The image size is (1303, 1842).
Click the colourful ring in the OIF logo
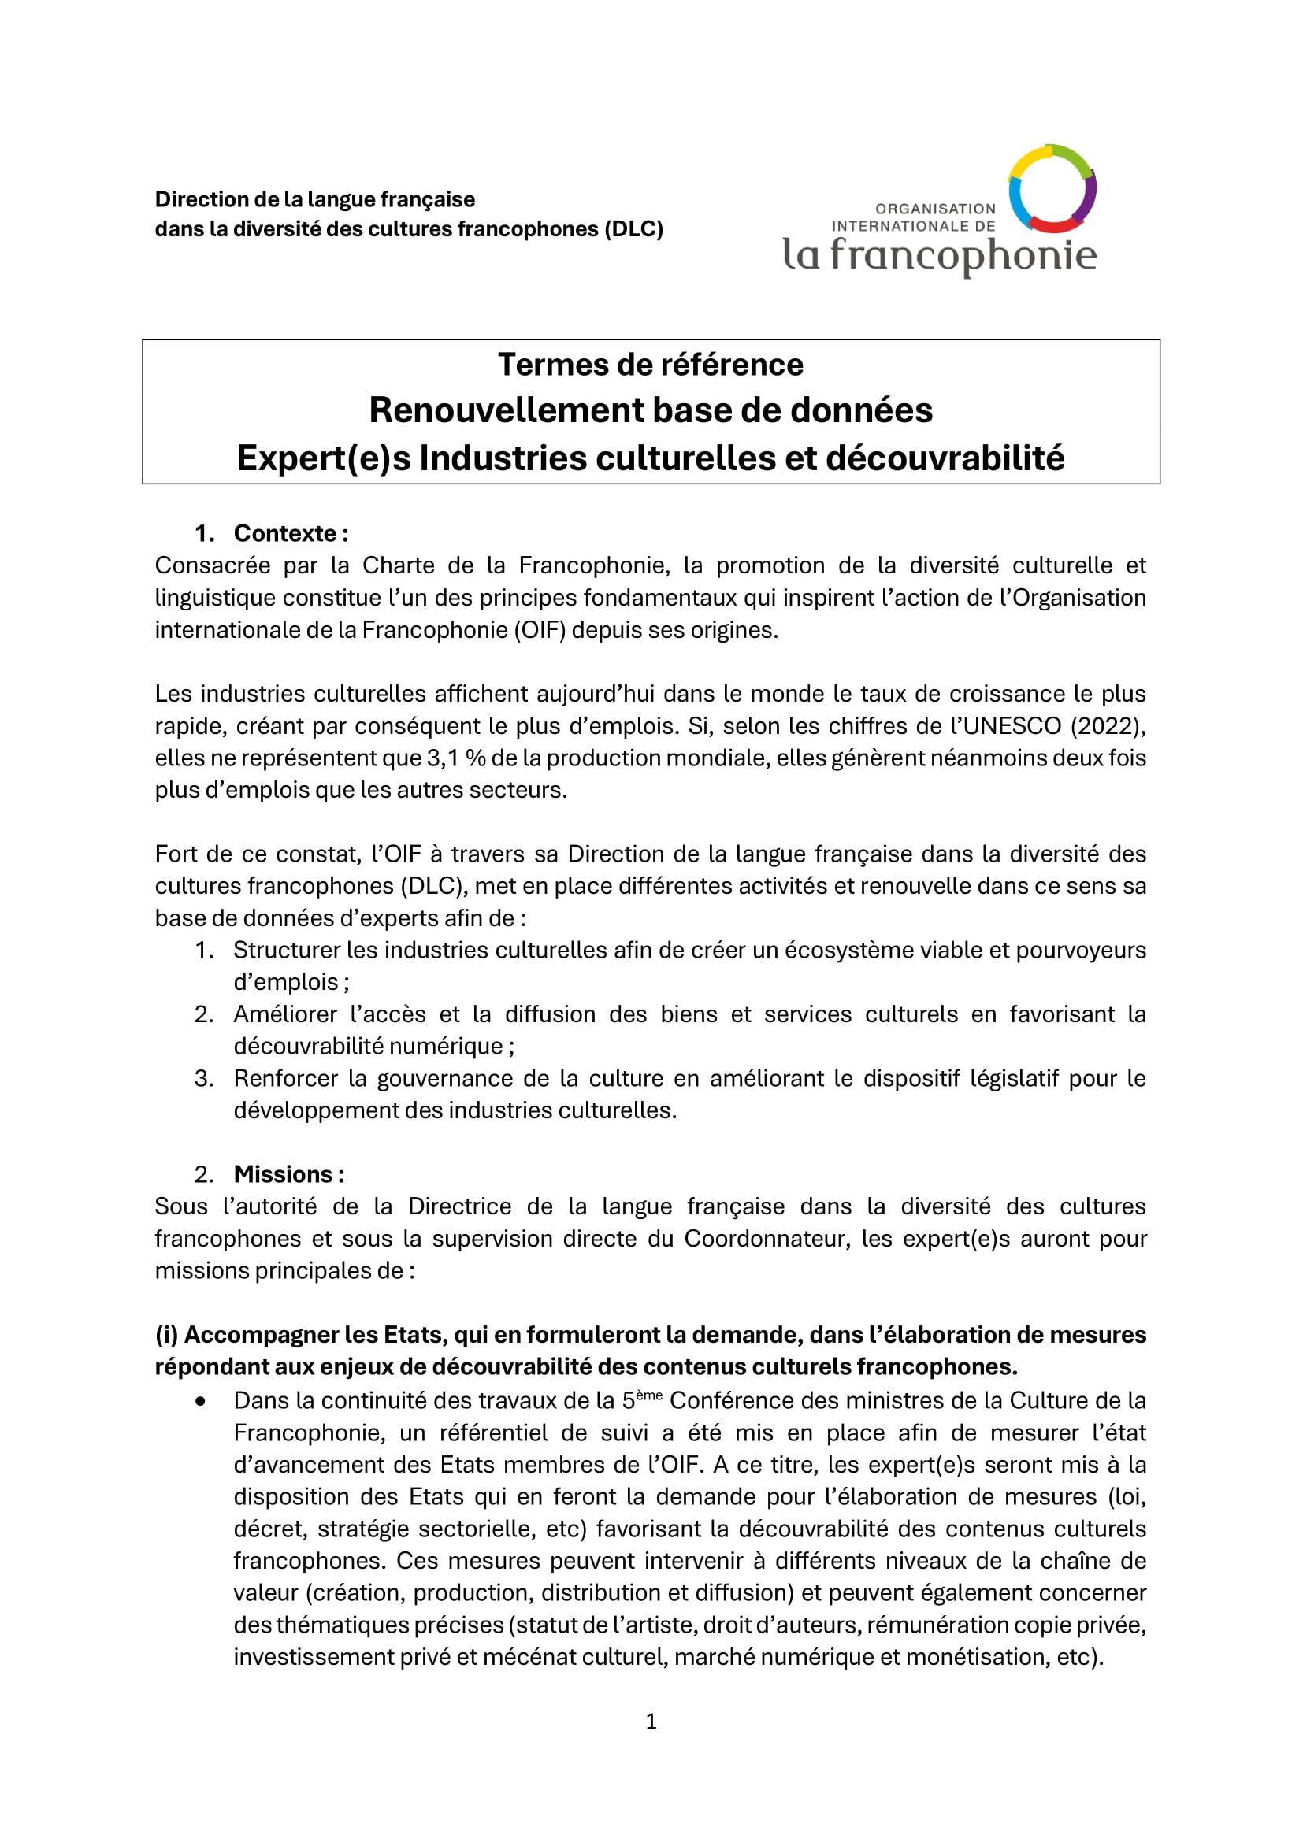(1052, 188)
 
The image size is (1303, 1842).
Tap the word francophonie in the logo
(963, 255)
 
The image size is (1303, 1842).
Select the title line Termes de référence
(650, 365)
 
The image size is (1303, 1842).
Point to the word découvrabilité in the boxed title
(945, 458)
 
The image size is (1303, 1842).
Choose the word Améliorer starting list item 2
(285, 1015)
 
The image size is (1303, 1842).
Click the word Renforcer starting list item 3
(286, 1079)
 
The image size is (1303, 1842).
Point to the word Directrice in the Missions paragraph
(461, 1206)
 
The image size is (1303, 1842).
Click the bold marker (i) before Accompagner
(166, 1335)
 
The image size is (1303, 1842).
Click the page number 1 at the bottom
(651, 1721)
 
